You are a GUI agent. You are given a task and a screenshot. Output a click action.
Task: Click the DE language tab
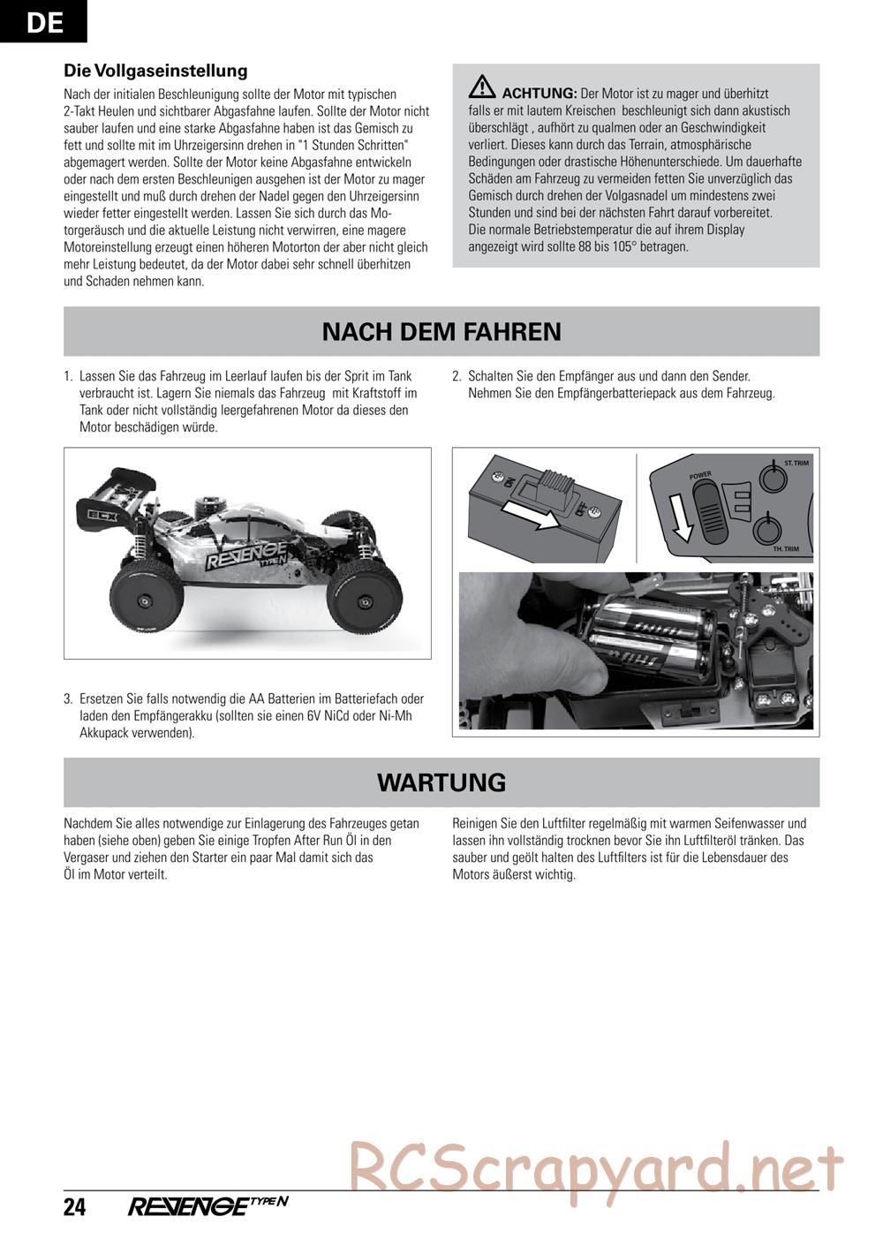43,21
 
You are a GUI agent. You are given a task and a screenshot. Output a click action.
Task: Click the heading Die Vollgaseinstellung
155,71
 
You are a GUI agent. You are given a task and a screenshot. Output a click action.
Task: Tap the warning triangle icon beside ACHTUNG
482,87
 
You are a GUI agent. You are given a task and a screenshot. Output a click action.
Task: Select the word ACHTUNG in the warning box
539,94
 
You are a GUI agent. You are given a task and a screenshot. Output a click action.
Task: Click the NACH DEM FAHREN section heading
441,331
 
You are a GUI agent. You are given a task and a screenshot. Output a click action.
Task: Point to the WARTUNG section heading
441,782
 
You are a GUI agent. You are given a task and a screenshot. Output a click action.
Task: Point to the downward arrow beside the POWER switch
680,517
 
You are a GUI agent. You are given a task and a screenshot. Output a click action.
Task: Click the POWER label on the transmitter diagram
700,476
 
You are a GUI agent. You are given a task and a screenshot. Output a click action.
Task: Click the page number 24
74,1206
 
